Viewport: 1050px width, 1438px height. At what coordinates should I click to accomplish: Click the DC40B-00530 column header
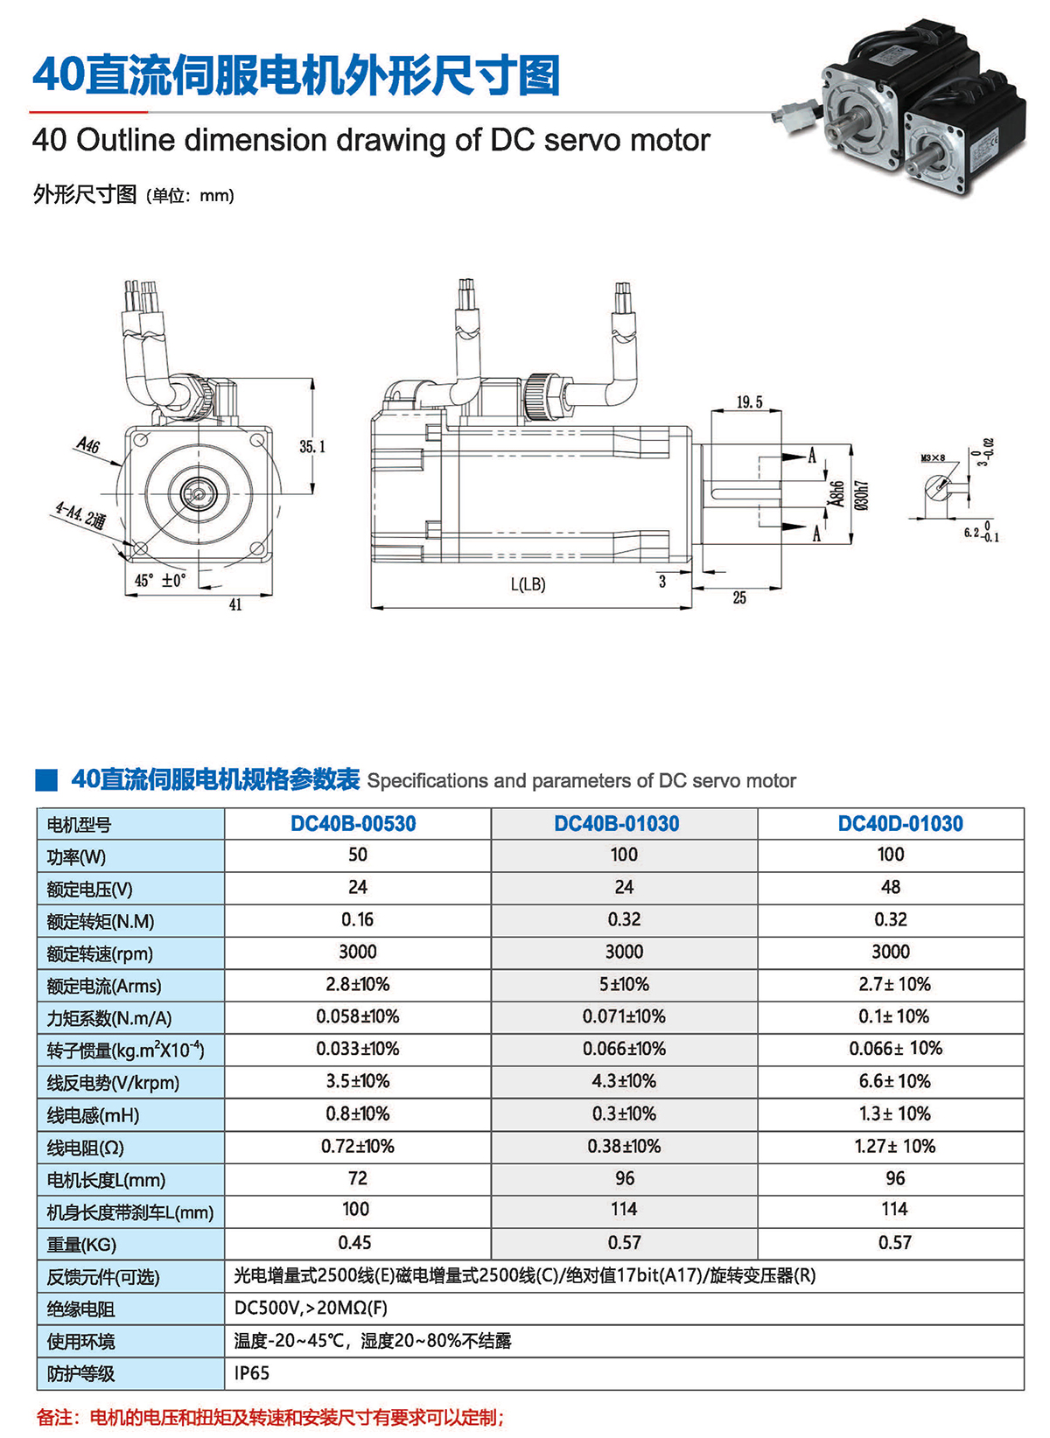coord(353,824)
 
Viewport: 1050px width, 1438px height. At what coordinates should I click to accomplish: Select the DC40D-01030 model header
coord(900,824)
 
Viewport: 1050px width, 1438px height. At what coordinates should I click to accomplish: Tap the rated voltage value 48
coord(891,887)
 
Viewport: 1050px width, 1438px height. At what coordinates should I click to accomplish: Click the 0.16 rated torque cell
coord(357,920)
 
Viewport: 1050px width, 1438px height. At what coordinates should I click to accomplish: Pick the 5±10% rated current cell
coord(624,984)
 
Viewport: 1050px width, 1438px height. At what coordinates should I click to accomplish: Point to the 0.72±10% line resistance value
coord(358,1146)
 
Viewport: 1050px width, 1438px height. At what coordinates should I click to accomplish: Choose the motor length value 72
coord(358,1178)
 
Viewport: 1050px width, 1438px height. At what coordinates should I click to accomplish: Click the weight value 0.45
coord(354,1242)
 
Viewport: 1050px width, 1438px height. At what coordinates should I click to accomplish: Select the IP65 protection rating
coord(252,1372)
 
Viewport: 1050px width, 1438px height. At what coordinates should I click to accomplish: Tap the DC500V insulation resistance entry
coord(311,1308)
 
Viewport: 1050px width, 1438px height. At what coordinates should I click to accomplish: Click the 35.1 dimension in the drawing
coord(312,446)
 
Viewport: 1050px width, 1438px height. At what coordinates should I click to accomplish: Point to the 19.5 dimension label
coord(750,402)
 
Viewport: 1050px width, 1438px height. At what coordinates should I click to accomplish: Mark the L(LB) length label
coord(528,584)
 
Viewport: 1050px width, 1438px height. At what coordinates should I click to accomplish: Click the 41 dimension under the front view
coord(235,604)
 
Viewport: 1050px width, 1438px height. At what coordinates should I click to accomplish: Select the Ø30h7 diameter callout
coord(862,495)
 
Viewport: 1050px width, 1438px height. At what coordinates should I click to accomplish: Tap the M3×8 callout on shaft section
coord(933,457)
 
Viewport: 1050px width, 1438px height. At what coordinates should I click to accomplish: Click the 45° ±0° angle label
coord(160,580)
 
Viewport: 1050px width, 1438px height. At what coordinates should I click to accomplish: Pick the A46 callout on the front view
coord(88,445)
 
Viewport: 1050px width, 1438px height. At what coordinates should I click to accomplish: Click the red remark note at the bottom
coord(270,1417)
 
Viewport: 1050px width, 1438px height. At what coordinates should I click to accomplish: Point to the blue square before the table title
coord(46,780)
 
